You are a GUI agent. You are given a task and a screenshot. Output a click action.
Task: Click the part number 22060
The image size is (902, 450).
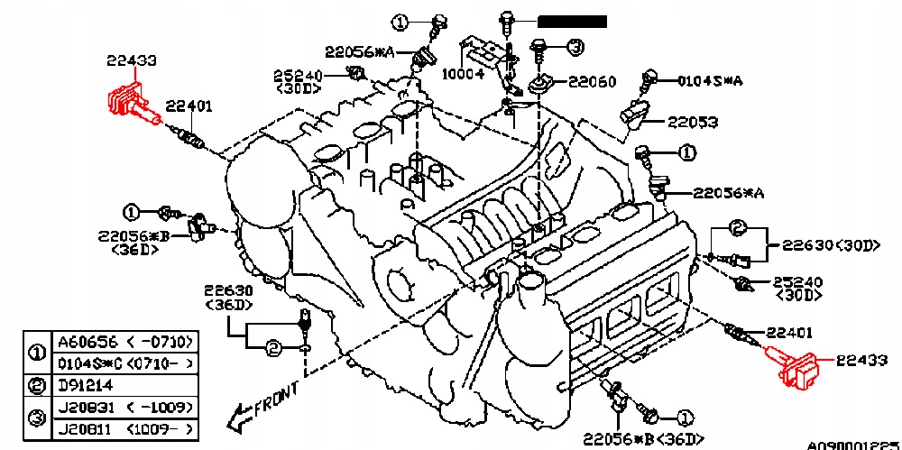pos(592,82)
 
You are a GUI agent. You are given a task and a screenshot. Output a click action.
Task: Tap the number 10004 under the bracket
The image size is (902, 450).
pos(463,74)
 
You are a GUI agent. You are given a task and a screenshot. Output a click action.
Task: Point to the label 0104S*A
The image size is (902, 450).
pos(711,80)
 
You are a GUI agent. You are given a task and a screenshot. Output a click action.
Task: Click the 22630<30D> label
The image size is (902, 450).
pos(830,245)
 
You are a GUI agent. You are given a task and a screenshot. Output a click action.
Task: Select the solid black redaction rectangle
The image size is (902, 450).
pos(572,21)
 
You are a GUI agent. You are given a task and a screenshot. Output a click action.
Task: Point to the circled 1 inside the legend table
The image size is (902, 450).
pos(38,353)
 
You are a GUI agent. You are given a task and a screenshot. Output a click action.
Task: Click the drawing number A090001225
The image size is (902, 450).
pos(853,444)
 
